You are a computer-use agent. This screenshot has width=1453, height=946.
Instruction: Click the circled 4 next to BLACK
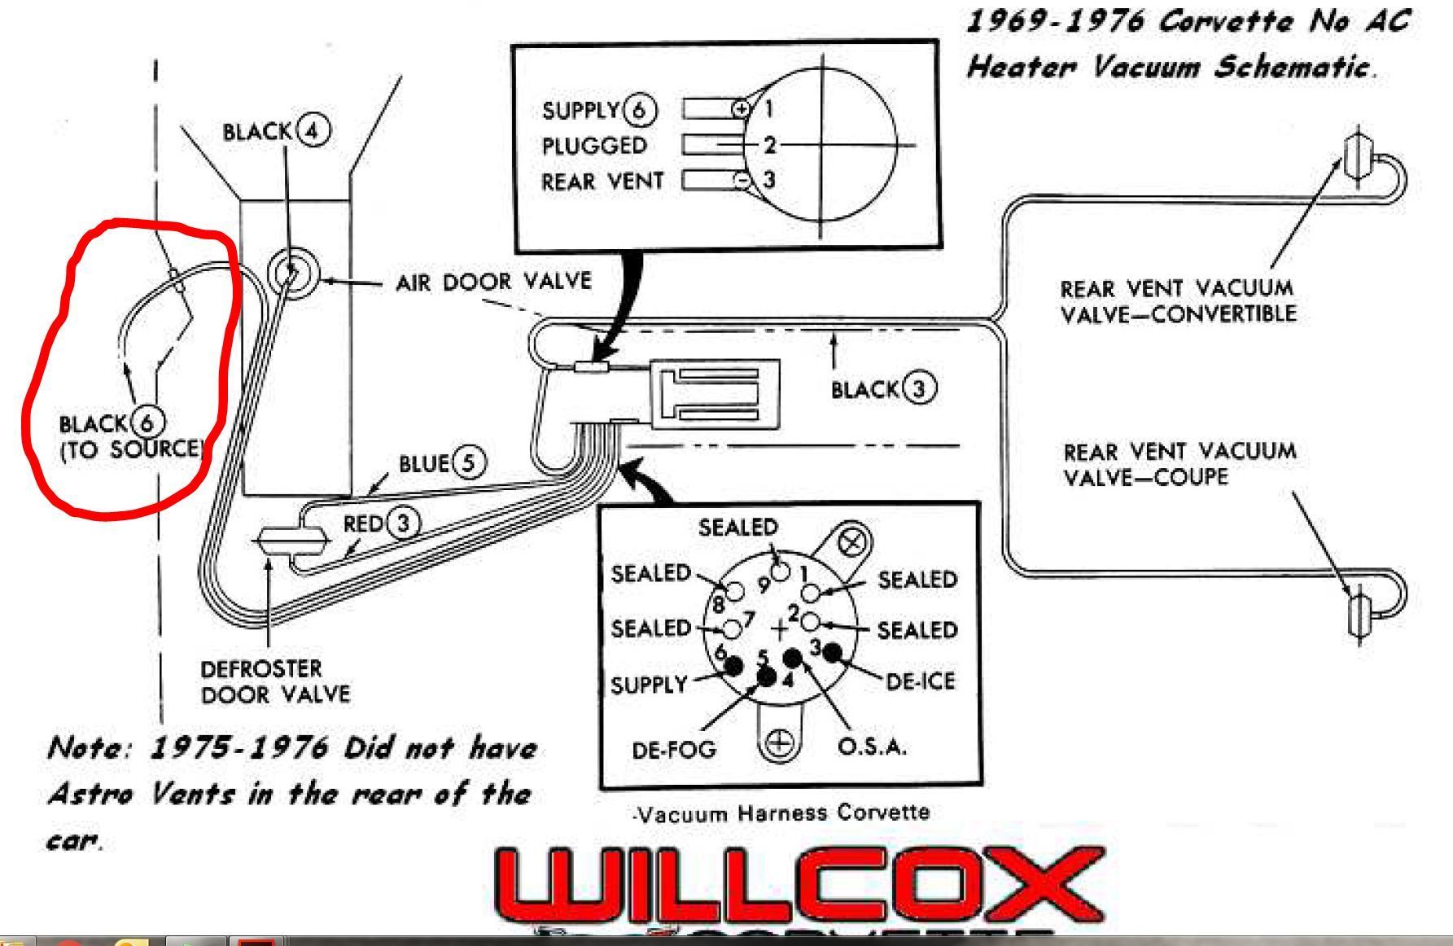[313, 130]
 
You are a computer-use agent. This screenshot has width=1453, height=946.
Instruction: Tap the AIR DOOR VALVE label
[493, 282]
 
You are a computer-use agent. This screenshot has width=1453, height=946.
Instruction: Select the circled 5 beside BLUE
[468, 462]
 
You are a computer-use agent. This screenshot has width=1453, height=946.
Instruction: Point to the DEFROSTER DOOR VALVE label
[275, 681]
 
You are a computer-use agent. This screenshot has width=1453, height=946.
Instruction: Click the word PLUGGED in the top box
[594, 145]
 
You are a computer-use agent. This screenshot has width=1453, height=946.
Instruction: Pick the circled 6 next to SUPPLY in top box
[640, 111]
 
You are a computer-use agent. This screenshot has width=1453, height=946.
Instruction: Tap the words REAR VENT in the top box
[602, 181]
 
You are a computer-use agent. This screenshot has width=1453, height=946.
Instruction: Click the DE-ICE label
[920, 681]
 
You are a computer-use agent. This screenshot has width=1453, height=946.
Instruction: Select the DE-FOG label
[674, 749]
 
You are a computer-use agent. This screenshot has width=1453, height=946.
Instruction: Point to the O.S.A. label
[872, 746]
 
